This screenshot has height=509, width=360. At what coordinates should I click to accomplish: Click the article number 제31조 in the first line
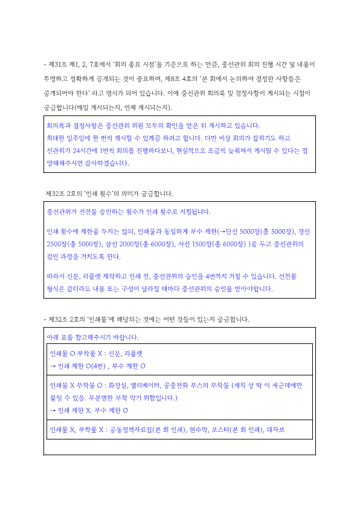coord(57,64)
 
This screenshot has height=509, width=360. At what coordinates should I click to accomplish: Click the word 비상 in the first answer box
coord(216,137)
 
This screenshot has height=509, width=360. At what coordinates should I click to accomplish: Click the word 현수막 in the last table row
coord(195,430)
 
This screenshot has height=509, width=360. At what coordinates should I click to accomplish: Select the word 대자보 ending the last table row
coord(275,430)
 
